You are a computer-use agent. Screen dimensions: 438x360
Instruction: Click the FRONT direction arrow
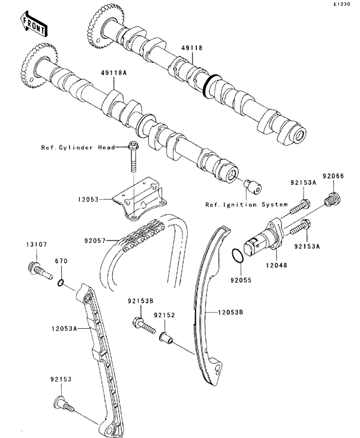[x=33, y=23]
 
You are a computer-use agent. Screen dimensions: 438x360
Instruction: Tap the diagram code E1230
[x=342, y=4]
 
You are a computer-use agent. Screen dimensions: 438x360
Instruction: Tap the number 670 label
[x=60, y=261]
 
